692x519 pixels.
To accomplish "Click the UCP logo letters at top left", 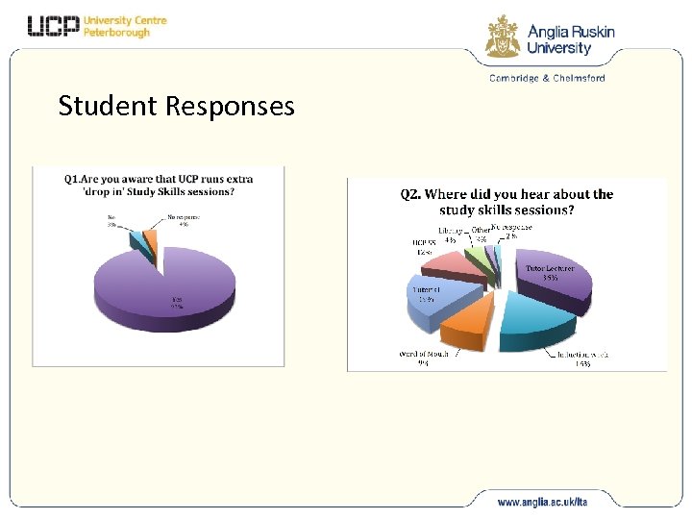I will coord(53,26).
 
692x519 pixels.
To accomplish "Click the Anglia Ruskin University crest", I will coord(503,37).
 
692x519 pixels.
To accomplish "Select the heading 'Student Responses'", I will coord(176,106).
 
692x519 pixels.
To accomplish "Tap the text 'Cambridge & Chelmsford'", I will coord(547,78).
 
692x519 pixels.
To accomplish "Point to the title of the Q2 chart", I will coord(507,201).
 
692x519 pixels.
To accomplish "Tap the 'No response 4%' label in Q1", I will coord(185,220).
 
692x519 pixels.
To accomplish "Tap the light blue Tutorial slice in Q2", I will coord(437,293).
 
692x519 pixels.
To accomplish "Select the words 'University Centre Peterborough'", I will coord(125,26).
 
